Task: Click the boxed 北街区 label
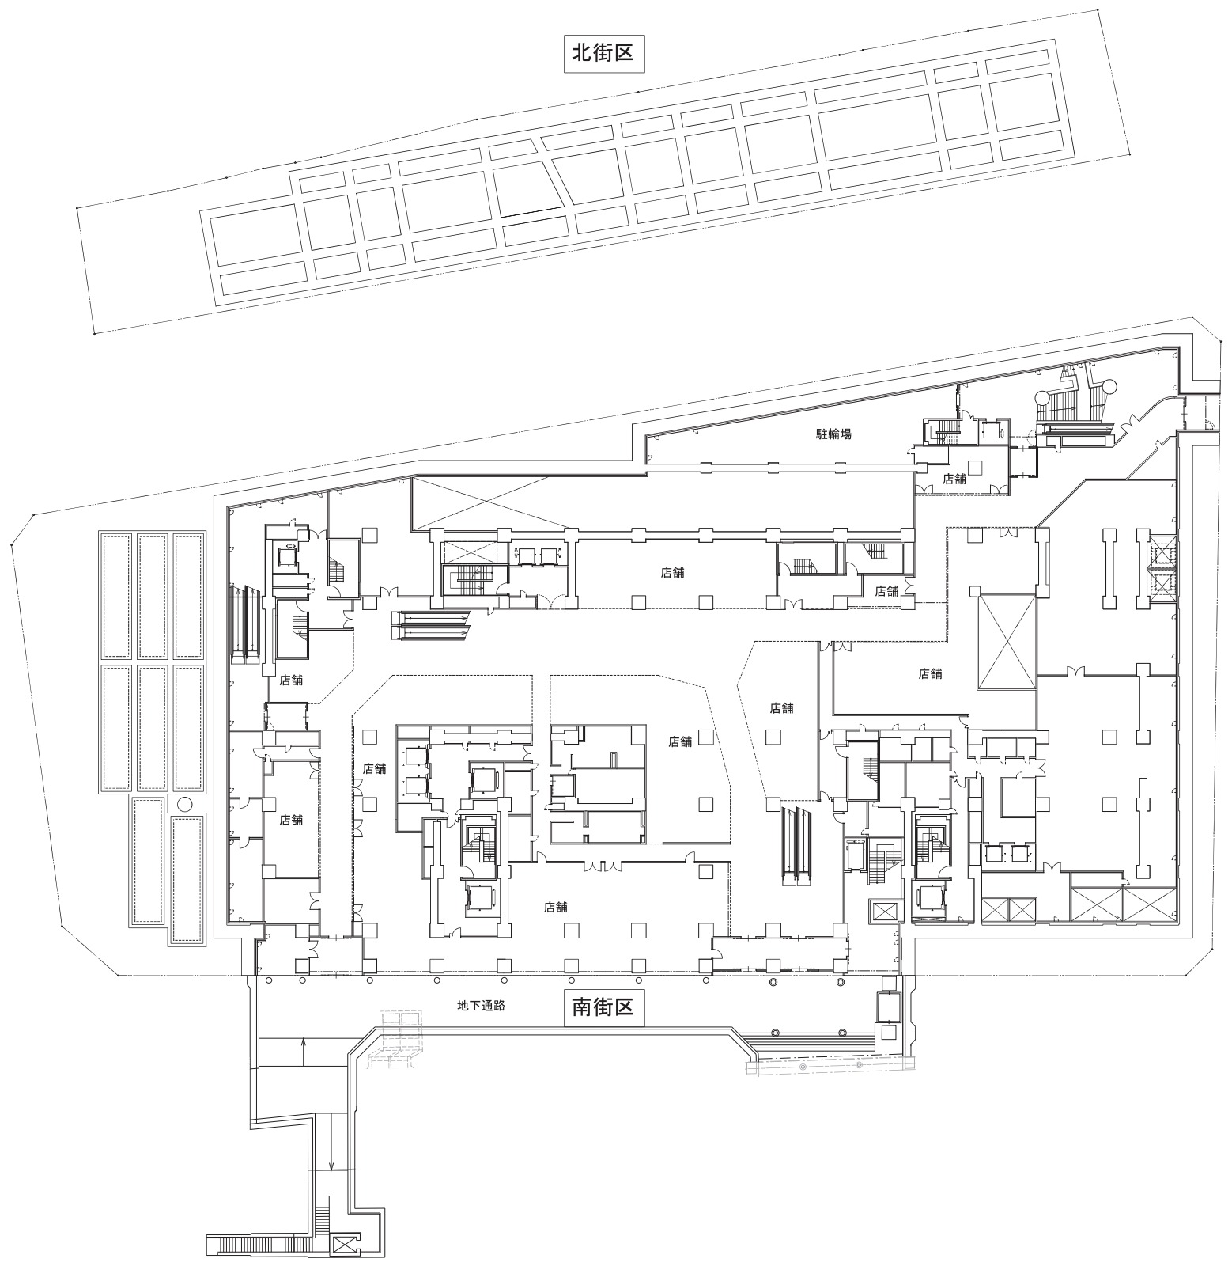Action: tap(603, 53)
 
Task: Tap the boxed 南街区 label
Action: tap(603, 1007)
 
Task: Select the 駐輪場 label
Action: tap(833, 434)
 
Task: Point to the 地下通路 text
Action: tap(481, 1007)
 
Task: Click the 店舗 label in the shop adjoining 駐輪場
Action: tap(954, 479)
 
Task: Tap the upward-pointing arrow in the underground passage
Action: tap(304, 1050)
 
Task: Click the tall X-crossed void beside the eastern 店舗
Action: tap(1006, 643)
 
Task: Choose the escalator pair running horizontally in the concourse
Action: tap(431, 625)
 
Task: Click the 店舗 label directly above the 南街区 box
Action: tap(556, 907)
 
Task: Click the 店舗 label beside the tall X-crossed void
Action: tap(931, 673)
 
